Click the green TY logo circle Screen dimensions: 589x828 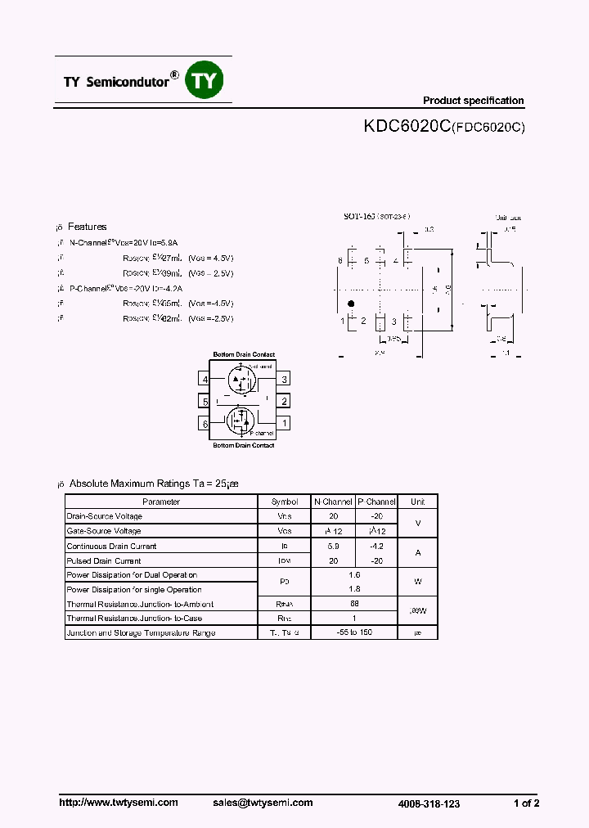click(x=205, y=80)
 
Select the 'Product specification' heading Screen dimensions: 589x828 click(x=473, y=101)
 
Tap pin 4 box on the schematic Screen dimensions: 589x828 click(x=205, y=379)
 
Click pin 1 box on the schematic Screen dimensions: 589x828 click(x=284, y=423)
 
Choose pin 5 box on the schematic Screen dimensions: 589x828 click(x=205, y=401)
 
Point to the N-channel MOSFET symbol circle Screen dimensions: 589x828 click(x=241, y=379)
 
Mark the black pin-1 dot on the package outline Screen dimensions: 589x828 click(x=352, y=304)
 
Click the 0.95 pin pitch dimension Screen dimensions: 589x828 click(x=393, y=338)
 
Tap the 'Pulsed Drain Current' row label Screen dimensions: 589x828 click(x=104, y=560)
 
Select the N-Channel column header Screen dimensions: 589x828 click(x=333, y=502)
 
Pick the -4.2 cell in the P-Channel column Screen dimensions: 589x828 click(x=376, y=546)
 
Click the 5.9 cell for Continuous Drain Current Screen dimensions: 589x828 click(x=333, y=546)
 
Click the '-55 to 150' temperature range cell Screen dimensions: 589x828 click(x=354, y=632)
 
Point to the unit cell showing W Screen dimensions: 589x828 click(x=417, y=582)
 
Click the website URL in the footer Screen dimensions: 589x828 click(x=119, y=803)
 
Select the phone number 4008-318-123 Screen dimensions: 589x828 click(x=429, y=803)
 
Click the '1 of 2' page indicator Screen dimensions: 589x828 click(x=526, y=803)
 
